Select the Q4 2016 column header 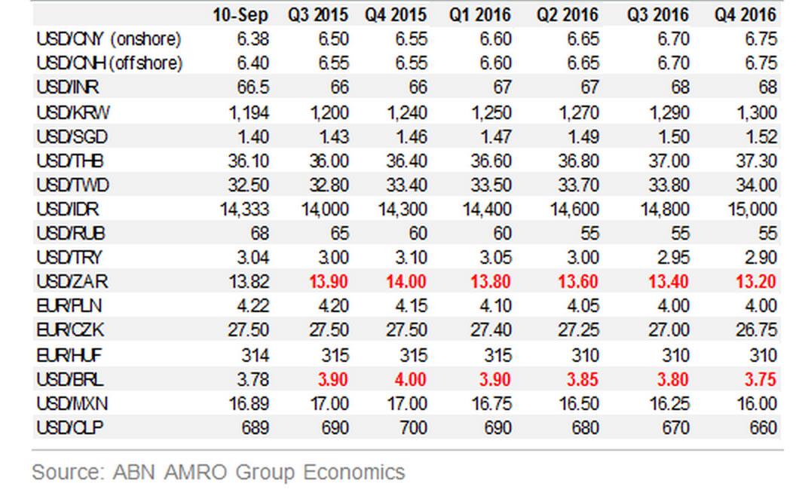click(746, 15)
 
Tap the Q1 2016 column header click(482, 15)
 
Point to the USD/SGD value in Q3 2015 click(332, 137)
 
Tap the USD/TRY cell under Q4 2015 click(411, 258)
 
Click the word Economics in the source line click(354, 473)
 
